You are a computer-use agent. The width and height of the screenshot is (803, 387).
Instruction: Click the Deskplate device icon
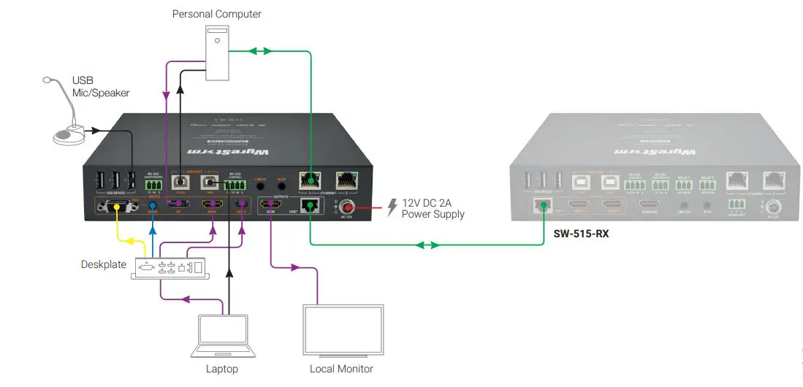pos(170,268)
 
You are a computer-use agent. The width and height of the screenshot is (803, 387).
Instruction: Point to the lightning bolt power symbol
pos(392,207)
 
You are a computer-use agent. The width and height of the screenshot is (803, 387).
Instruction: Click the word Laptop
pos(222,369)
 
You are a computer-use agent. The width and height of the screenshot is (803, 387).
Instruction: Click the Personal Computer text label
pos(216,14)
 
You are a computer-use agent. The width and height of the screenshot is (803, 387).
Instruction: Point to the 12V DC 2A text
pos(433,204)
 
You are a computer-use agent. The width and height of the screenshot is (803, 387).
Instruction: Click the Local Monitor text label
pos(342,369)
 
